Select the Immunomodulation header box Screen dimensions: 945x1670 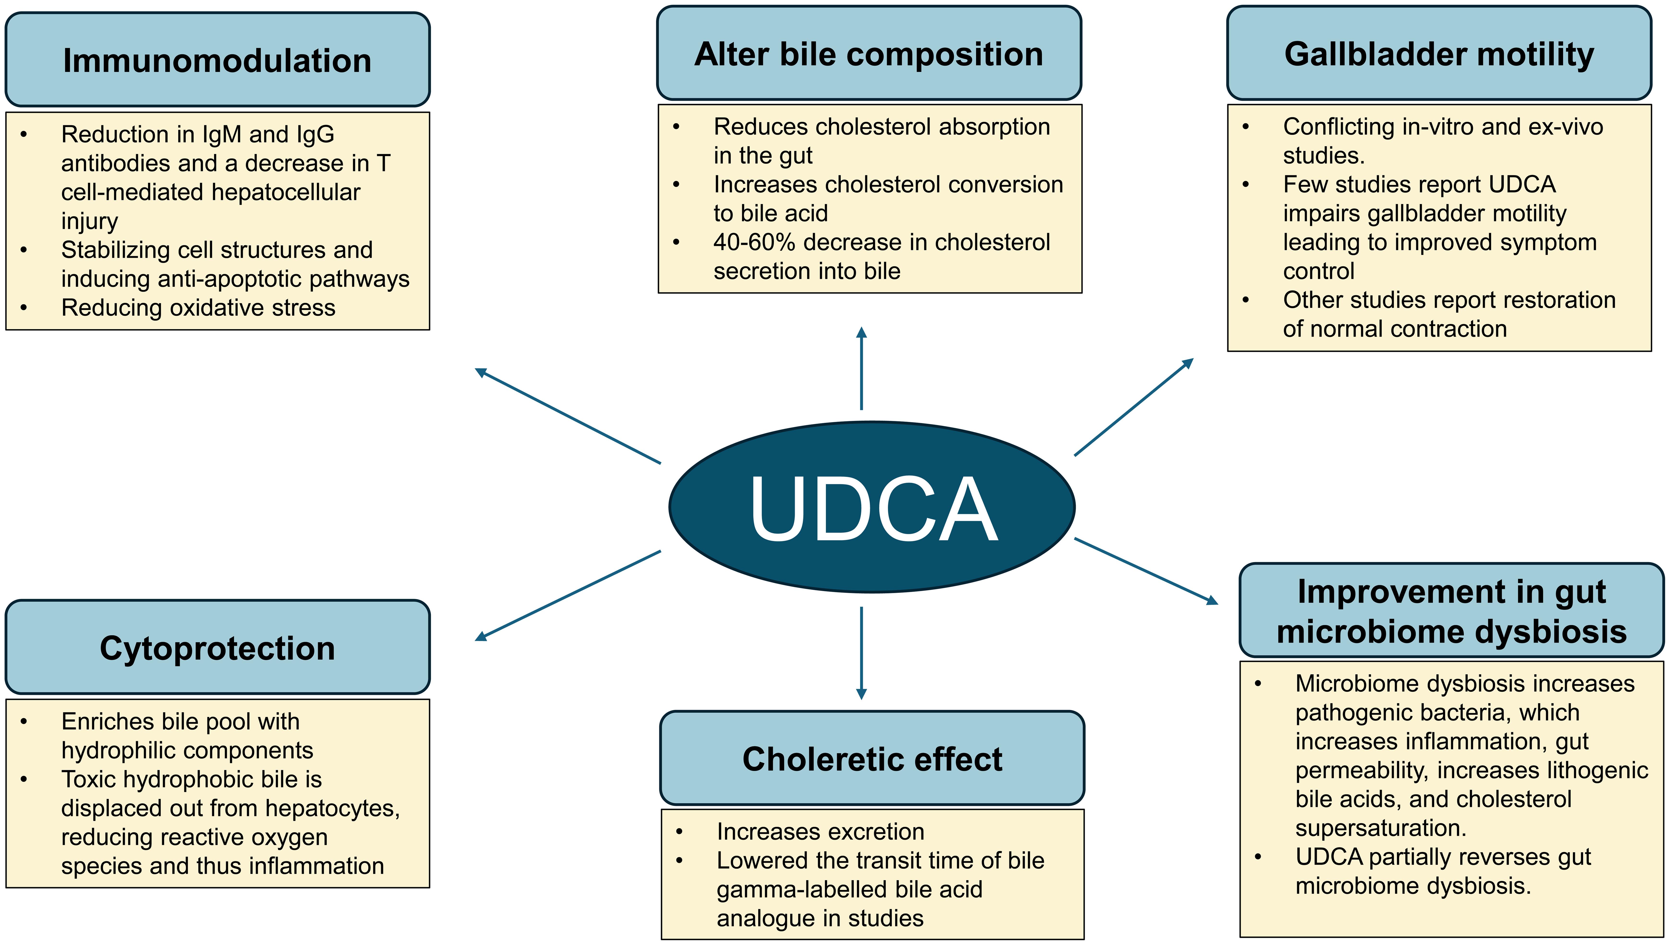(217, 60)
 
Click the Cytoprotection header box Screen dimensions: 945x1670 (217, 648)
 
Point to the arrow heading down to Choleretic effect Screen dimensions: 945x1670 (862, 652)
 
